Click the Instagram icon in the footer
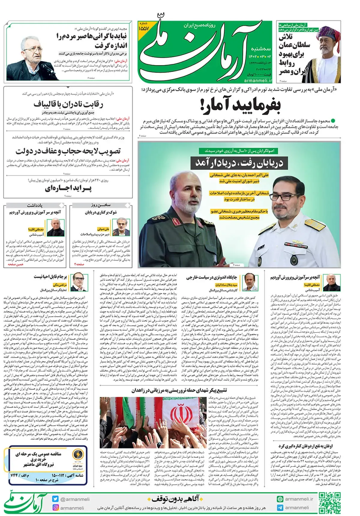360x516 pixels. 55,508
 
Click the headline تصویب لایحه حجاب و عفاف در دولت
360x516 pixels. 68,151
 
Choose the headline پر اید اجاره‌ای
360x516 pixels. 68,189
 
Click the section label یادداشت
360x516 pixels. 35,205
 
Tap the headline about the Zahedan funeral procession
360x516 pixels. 179,390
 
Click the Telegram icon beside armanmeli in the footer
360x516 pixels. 280,508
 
